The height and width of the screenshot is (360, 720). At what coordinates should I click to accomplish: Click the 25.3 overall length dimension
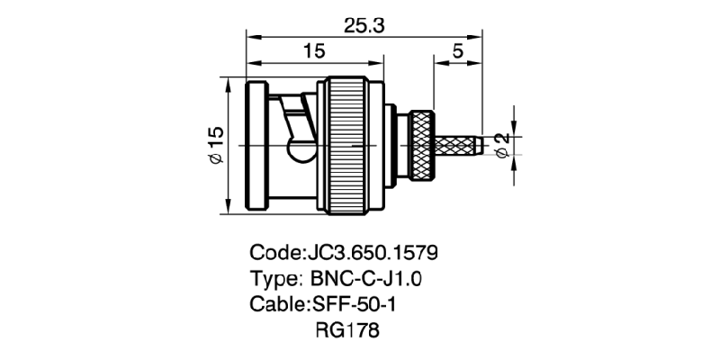point(364,26)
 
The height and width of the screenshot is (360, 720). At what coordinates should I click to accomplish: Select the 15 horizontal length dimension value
point(313,51)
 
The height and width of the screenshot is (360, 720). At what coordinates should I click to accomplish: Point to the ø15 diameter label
point(215,146)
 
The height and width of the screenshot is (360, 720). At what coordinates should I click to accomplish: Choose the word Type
point(274,277)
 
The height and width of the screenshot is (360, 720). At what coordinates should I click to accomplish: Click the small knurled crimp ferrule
point(422,144)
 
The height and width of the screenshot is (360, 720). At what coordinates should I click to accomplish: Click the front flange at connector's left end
point(256,145)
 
